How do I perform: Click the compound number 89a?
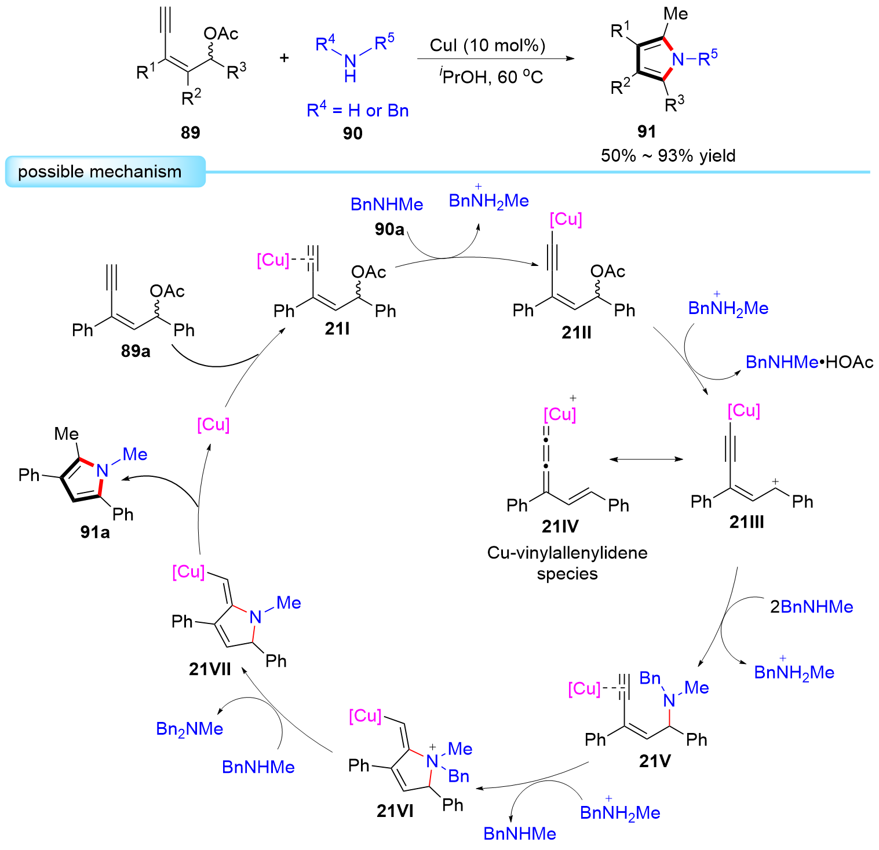pyautogui.click(x=136, y=351)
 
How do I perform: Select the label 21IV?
pyautogui.click(x=560, y=526)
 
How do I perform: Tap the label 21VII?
pyautogui.click(x=210, y=669)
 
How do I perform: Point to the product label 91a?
pyautogui.click(x=95, y=532)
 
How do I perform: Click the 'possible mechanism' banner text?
pyautogui.click(x=100, y=172)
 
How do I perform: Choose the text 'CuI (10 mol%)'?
pyautogui.click(x=487, y=46)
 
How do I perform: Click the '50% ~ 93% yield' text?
pyautogui.click(x=668, y=156)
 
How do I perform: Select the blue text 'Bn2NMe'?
pyautogui.click(x=189, y=729)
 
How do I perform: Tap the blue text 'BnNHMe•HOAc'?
pyautogui.click(x=809, y=362)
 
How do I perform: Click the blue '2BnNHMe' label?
pyautogui.click(x=811, y=607)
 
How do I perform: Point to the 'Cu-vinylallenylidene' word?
pyautogui.click(x=567, y=553)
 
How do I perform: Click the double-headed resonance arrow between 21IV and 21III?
pyautogui.click(x=646, y=459)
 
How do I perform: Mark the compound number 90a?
pyautogui.click(x=389, y=229)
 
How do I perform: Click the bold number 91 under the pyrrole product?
pyautogui.click(x=647, y=132)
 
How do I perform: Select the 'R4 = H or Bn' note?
pyautogui.click(x=358, y=110)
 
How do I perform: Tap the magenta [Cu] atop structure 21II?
pyautogui.click(x=566, y=219)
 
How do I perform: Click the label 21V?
pyautogui.click(x=655, y=761)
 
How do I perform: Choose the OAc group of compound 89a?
pyautogui.click(x=167, y=291)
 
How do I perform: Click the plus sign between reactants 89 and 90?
pyautogui.click(x=285, y=58)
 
